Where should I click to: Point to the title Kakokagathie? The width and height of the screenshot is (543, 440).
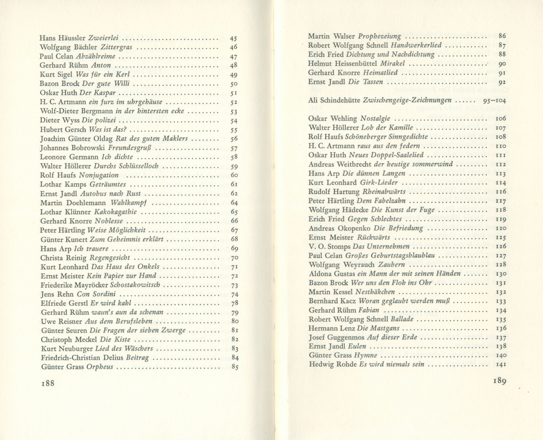(x=115, y=212)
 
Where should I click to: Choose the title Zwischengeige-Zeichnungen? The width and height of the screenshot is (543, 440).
(x=407, y=100)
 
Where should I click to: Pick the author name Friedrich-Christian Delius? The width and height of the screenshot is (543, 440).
(x=82, y=358)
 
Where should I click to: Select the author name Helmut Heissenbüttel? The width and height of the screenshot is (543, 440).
(x=343, y=64)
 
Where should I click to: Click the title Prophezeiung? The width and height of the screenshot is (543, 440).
(x=379, y=36)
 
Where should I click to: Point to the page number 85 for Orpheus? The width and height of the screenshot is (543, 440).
(x=235, y=367)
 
